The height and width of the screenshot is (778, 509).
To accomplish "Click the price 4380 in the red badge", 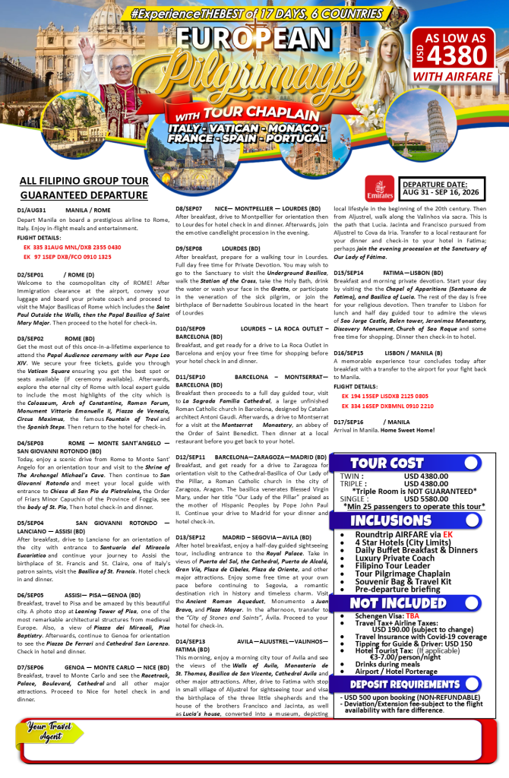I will click(x=456, y=55).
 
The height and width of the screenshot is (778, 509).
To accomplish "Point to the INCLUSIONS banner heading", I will click(x=390, y=520).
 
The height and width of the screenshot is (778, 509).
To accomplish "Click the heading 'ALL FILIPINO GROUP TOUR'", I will click(x=84, y=182).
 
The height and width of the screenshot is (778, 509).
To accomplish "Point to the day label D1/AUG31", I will click(x=32, y=210).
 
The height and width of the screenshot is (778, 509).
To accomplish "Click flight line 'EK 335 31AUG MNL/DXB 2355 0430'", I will click(x=72, y=247).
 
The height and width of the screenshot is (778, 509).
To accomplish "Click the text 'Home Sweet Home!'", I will click(x=407, y=430).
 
